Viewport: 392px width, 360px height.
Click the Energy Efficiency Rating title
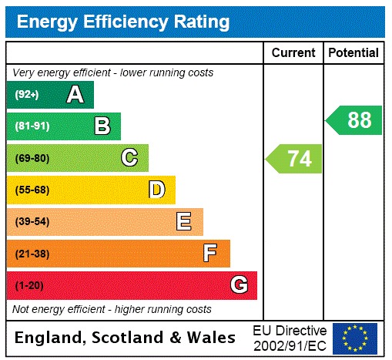[123, 22]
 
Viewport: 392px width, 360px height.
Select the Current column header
[293, 52]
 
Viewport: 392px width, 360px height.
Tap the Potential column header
[353, 52]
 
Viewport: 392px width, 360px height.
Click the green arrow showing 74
[295, 159]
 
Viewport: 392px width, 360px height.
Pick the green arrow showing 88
[354, 120]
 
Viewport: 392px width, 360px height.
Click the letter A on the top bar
[75, 95]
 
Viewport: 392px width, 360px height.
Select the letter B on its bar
[102, 126]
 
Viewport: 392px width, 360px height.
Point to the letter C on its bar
[129, 158]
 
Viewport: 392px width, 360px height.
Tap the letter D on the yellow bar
[156, 190]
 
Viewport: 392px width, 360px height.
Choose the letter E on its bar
[184, 222]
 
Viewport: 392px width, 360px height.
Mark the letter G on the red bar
[239, 286]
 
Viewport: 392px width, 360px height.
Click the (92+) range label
[27, 96]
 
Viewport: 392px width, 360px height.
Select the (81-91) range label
[32, 126]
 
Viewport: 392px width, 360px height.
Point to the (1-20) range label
[29, 286]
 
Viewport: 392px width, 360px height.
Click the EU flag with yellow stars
[355, 338]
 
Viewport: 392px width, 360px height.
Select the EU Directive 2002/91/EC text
[290, 338]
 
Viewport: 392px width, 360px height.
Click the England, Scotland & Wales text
[126, 338]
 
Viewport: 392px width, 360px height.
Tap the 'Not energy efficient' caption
[112, 309]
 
